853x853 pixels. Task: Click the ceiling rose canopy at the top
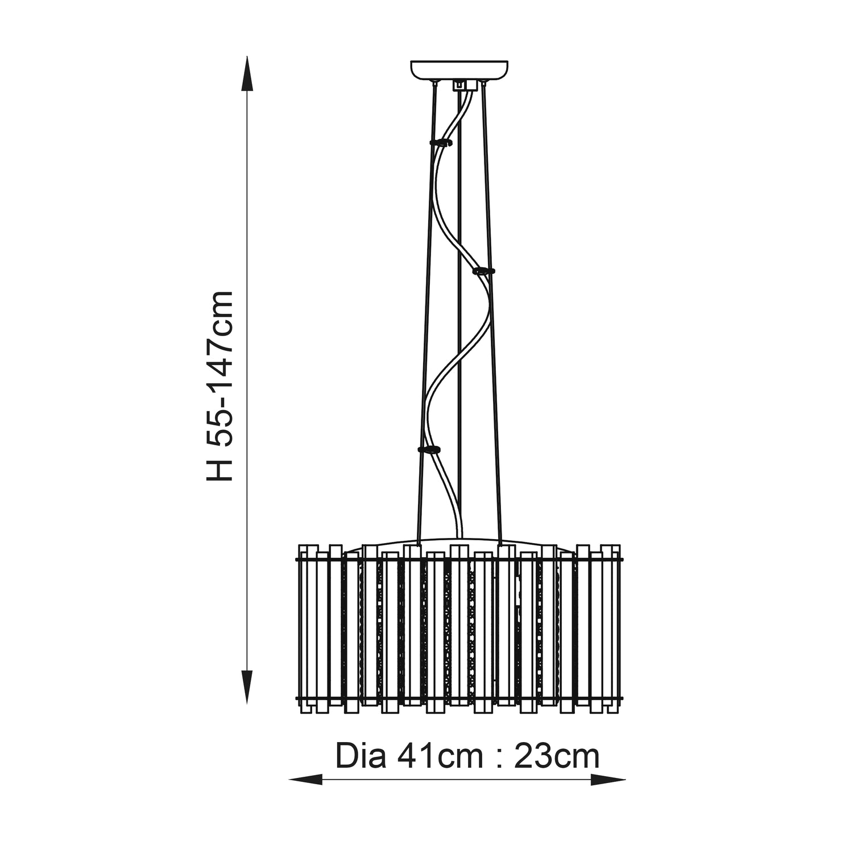click(x=459, y=70)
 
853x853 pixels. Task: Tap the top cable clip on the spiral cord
click(x=442, y=141)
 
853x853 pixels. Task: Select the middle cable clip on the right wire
click(x=484, y=270)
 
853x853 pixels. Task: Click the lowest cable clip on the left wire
click(x=429, y=449)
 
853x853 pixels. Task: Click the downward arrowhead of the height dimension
click(x=246, y=688)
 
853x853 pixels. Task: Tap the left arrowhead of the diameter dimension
click(x=306, y=780)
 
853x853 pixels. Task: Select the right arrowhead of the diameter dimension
click(x=608, y=780)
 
